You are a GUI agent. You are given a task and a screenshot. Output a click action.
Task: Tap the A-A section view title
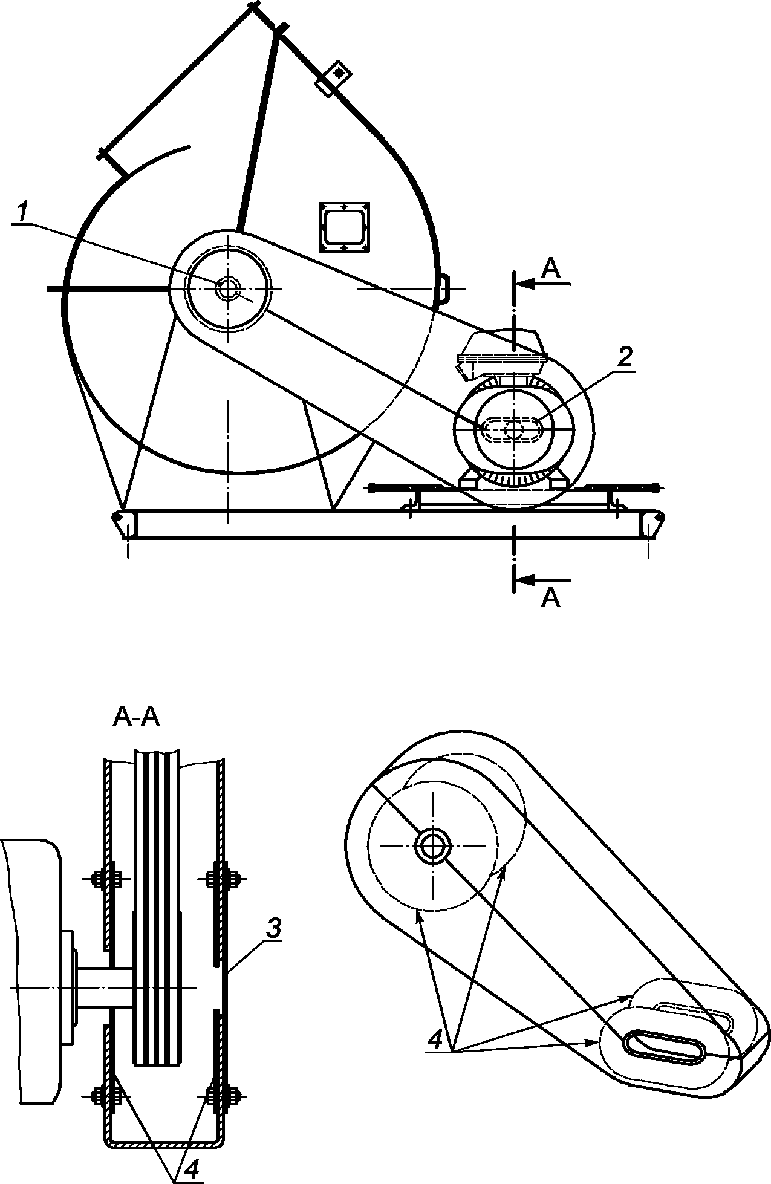(x=137, y=718)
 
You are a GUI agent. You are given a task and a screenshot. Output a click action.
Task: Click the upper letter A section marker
(x=551, y=268)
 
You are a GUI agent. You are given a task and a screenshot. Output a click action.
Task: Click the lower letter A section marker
(x=551, y=597)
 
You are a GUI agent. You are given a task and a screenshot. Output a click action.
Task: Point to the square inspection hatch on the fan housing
(x=345, y=227)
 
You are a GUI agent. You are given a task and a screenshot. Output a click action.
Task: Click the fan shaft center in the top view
(x=228, y=288)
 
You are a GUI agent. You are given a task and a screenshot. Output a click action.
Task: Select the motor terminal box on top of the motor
(x=503, y=350)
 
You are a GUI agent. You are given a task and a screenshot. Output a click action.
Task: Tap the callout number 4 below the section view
(x=190, y=1169)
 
